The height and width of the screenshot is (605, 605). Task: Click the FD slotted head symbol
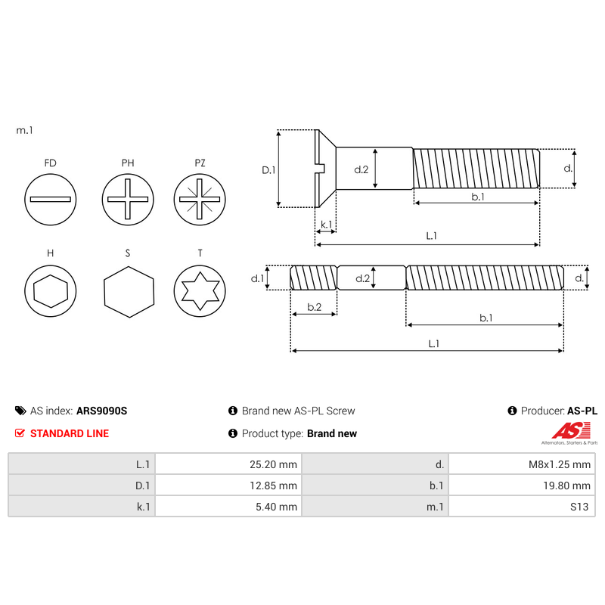click(51, 200)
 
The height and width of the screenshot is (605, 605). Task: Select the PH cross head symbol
click(126, 200)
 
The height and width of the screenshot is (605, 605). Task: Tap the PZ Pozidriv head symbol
click(200, 200)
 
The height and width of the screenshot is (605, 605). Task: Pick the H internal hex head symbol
click(51, 290)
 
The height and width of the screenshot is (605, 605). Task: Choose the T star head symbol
click(200, 290)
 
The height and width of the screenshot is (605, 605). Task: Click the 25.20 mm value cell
click(228, 464)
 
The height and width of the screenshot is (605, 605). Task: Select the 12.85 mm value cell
click(228, 485)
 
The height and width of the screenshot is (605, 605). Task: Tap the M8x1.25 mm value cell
click(522, 464)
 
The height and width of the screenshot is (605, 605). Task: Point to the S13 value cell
click(522, 506)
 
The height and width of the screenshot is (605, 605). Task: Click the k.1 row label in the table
click(82, 506)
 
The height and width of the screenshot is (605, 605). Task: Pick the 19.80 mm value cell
click(522, 485)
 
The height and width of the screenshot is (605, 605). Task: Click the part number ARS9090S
click(102, 411)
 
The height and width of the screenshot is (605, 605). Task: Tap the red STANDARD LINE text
click(69, 433)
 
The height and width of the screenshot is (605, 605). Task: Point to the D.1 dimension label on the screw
click(268, 169)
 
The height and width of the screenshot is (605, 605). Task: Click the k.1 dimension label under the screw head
click(326, 225)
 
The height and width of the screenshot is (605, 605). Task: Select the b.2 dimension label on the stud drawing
click(314, 306)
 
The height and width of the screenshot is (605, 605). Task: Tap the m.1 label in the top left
click(25, 131)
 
